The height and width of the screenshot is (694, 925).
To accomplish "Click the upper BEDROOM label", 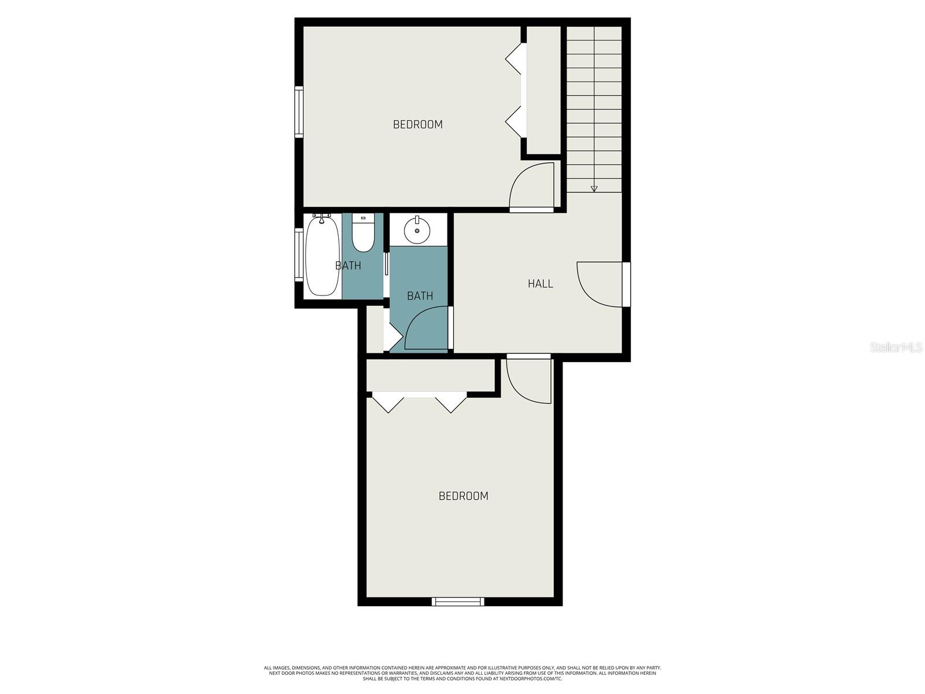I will [x=417, y=124].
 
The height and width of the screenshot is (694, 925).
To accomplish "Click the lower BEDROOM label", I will [x=463, y=496].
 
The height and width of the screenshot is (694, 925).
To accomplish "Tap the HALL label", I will [x=540, y=283].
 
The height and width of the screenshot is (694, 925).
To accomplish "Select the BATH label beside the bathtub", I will [x=348, y=265].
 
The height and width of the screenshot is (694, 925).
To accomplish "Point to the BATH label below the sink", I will [x=420, y=296].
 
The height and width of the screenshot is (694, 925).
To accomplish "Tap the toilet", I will [x=363, y=234].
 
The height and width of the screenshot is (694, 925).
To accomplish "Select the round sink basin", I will [x=417, y=230].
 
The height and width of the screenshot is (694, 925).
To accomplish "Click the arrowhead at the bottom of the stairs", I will [x=594, y=189].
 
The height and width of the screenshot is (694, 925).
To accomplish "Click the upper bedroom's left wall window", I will [x=299, y=112].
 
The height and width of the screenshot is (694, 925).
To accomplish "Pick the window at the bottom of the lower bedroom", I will [x=458, y=602].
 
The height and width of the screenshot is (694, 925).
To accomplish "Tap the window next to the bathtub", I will [x=299, y=254].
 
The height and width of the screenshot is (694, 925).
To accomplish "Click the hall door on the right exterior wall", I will [x=626, y=284].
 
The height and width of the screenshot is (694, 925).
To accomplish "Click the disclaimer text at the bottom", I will [x=462, y=673].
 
